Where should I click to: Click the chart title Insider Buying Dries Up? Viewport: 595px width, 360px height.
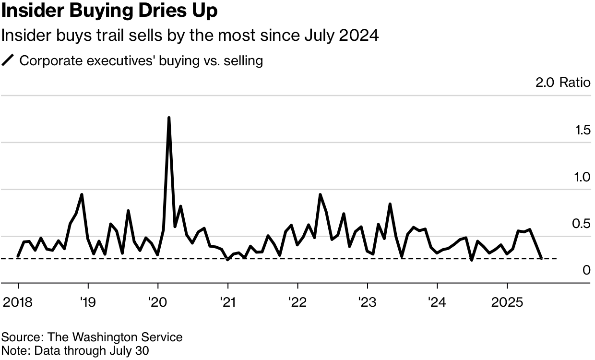click(x=109, y=11)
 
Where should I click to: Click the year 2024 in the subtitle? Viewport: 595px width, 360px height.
click(x=358, y=36)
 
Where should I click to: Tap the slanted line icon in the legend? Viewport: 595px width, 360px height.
click(x=8, y=60)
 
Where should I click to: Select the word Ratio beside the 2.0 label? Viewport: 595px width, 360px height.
click(x=575, y=83)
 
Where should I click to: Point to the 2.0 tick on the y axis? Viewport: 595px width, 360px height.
click(x=545, y=83)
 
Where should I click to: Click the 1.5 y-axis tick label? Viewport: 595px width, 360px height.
click(x=583, y=130)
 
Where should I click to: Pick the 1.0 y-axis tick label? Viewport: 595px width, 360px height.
click(x=582, y=177)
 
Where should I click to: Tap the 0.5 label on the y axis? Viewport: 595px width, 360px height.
click(x=581, y=224)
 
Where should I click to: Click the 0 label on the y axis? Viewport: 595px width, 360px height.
click(x=586, y=270)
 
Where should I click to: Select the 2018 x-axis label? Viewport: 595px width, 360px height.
click(x=18, y=302)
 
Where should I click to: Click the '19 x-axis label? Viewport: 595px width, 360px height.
click(x=88, y=302)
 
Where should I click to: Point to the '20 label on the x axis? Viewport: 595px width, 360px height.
click(x=158, y=302)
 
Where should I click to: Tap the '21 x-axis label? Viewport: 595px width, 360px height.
click(x=228, y=302)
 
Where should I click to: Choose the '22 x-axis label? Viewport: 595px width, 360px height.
click(x=297, y=302)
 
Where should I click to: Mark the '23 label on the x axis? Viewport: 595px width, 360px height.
click(x=368, y=302)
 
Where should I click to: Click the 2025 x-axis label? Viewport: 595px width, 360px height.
click(x=507, y=302)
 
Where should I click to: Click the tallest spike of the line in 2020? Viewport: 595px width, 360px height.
click(x=169, y=118)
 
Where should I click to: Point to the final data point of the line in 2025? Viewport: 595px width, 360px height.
click(x=541, y=258)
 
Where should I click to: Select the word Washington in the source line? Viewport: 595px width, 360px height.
click(x=105, y=337)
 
